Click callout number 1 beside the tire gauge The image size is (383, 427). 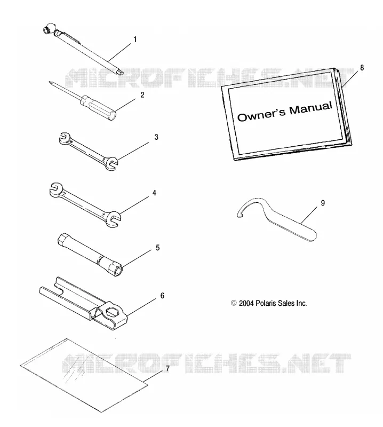pos(135,39)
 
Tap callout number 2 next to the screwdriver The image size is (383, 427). pos(142,95)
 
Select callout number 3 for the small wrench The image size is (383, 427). pos(156,137)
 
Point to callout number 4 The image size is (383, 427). pos(154,193)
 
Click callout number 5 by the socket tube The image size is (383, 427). pos(157,248)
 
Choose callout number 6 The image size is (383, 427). pos(162,296)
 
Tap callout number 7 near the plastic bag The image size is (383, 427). pos(167,368)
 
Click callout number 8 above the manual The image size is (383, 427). pos(362,68)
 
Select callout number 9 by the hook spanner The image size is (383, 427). pos(323,203)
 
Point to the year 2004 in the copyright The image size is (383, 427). pos(246,303)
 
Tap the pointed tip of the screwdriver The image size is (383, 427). pos(50,82)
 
